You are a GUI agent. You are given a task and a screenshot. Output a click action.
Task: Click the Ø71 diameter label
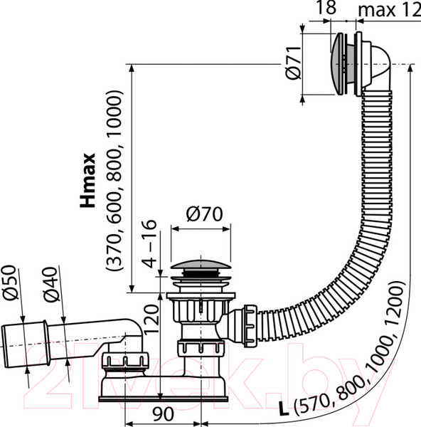(x=294, y=63)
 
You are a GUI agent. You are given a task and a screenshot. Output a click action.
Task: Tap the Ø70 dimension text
(x=204, y=214)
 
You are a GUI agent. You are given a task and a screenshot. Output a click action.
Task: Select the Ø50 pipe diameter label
(x=11, y=283)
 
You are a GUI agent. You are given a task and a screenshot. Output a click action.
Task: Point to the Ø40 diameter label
(x=52, y=285)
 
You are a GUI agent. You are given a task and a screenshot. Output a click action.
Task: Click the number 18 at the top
(x=326, y=7)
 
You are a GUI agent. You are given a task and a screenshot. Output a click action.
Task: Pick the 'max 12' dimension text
(x=389, y=11)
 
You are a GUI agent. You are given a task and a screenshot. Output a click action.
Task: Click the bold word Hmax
(x=87, y=180)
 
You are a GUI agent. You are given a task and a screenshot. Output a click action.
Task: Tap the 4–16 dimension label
(x=149, y=243)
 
